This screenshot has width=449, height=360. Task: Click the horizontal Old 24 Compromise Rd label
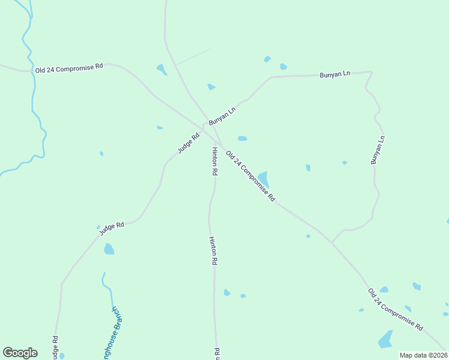[x=69, y=68]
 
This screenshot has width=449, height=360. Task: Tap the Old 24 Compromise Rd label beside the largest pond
[x=250, y=175]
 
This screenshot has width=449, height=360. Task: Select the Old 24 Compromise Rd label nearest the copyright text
[x=395, y=310]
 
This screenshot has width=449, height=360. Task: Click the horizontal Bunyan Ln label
[x=335, y=74]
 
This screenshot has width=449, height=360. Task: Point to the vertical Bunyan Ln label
[x=377, y=150]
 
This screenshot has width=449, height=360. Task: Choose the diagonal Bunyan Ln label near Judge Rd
[x=222, y=114]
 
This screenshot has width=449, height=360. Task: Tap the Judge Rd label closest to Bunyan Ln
[x=188, y=142]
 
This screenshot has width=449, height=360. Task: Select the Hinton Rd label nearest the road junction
[x=214, y=161]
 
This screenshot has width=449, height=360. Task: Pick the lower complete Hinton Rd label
[x=212, y=251]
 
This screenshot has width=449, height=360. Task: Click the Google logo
[x=20, y=353]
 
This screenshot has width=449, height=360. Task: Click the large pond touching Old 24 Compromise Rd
[x=264, y=179]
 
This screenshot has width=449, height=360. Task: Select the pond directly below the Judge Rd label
[x=109, y=248]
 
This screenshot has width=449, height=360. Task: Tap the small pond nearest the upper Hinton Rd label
[x=242, y=139]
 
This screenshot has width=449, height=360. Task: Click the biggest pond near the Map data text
[x=385, y=340]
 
